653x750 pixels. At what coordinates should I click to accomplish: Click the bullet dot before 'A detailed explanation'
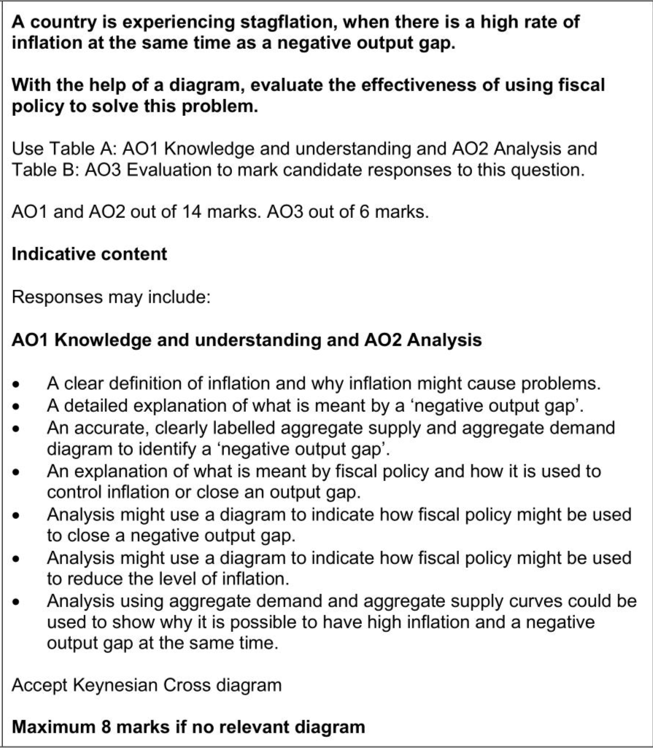coord(26,405)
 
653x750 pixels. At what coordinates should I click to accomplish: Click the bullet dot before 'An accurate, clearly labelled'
coord(26,427)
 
